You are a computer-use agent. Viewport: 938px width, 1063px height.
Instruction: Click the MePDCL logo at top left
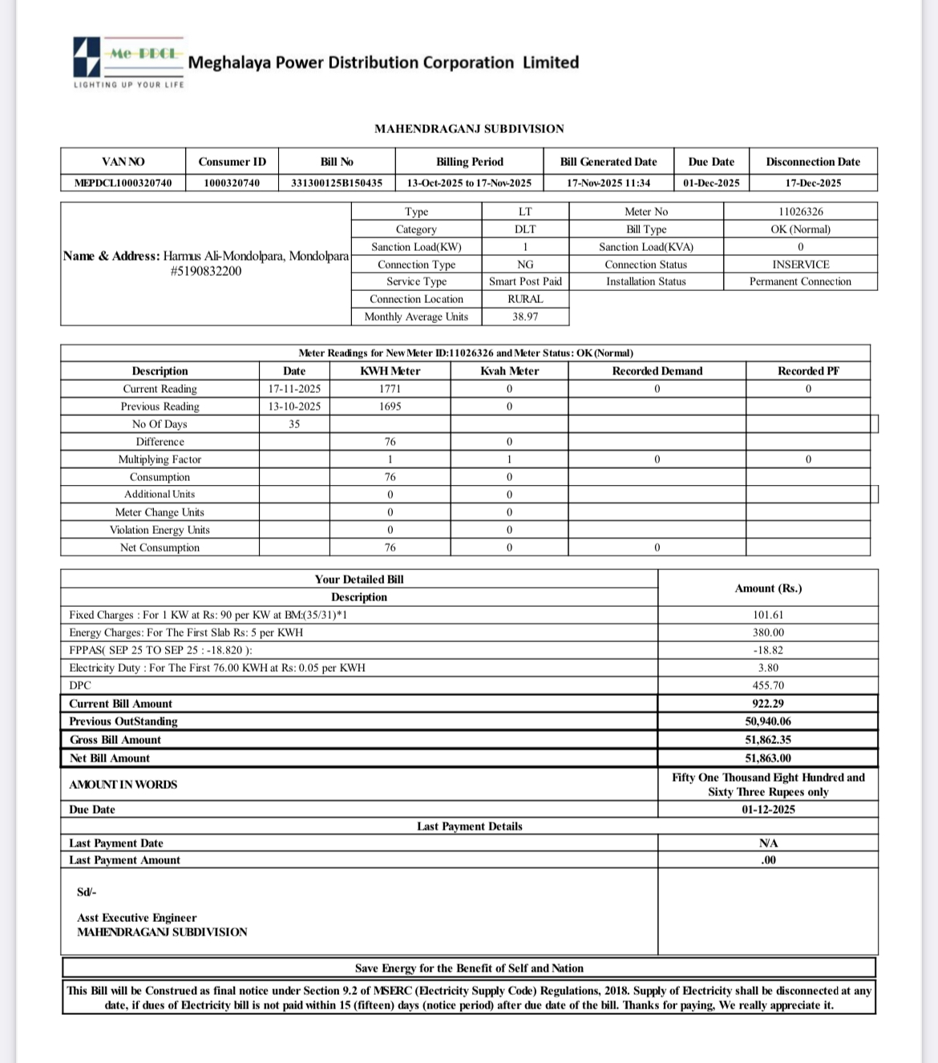128,61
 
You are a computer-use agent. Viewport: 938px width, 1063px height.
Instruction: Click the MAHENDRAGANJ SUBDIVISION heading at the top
469,128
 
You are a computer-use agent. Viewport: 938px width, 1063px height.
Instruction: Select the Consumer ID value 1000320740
232,183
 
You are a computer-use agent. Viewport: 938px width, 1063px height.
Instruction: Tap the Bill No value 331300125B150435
337,183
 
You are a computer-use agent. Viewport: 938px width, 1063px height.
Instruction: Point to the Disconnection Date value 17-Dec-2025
813,183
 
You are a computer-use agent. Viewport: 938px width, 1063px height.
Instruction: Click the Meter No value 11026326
800,212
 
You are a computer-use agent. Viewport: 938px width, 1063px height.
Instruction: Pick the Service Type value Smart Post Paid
525,281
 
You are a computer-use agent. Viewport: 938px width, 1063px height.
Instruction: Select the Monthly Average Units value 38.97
525,317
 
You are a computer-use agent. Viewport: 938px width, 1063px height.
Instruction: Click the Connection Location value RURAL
525,299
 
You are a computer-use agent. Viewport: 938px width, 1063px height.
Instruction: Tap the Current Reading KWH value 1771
390,389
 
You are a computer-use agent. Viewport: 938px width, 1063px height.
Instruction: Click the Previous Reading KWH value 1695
390,406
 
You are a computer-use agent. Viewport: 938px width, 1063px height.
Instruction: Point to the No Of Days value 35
294,424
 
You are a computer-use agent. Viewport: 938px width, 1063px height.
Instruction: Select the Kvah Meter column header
509,371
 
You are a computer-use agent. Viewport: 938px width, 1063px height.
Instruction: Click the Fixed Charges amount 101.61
768,615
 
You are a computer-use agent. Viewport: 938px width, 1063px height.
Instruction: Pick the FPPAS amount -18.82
768,650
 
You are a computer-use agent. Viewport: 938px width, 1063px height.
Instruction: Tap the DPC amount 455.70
768,685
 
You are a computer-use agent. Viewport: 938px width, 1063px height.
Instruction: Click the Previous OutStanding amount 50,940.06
768,721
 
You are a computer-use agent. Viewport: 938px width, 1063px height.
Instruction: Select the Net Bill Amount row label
110,758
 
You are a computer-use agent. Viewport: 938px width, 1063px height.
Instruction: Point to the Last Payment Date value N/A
768,843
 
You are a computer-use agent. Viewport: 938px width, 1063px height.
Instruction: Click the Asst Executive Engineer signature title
136,918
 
